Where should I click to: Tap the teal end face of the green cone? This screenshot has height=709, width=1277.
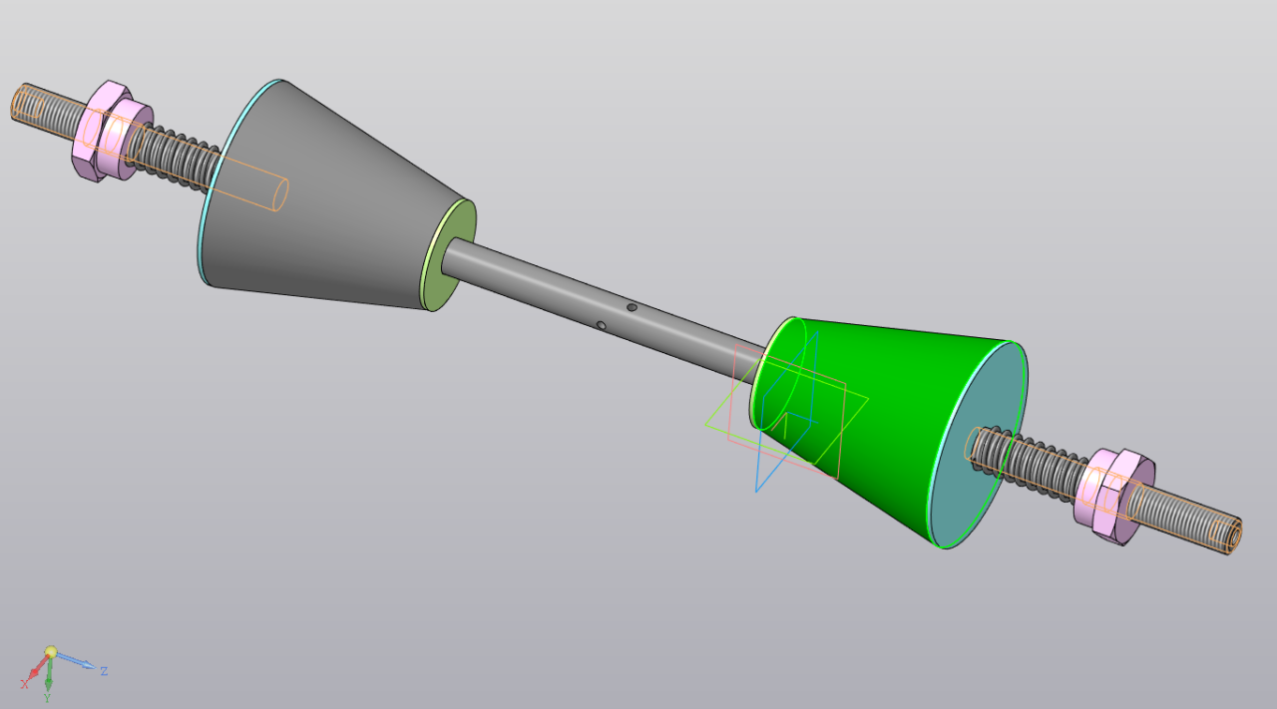point(979,445)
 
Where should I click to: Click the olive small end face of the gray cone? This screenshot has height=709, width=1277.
point(449,255)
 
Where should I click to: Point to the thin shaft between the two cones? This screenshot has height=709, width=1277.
point(605,308)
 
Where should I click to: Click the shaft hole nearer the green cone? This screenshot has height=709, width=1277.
point(632,307)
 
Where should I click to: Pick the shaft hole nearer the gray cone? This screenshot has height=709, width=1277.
point(601,325)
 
